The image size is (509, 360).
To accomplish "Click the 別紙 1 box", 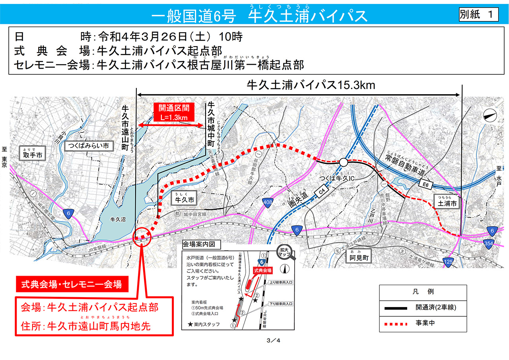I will click(478, 15).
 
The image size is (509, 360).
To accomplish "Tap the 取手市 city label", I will click(32, 155).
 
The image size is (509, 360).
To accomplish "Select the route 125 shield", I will click(448, 261).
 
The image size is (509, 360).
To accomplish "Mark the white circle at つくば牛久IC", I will click(343, 162).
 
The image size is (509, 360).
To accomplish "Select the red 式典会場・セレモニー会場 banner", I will click(72, 284).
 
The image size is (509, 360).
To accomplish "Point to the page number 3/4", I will click(275, 341).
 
